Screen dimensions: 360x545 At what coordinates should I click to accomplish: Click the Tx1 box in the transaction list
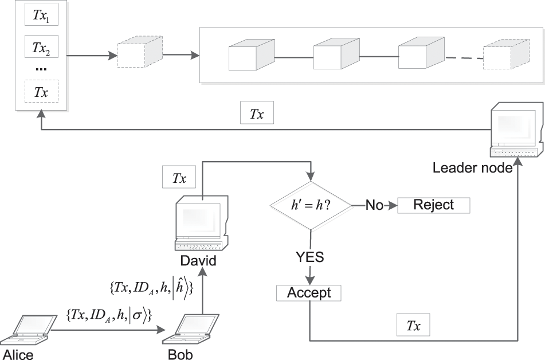pyautogui.click(x=41, y=17)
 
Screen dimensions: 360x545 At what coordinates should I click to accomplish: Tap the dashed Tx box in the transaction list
pyautogui.click(x=41, y=92)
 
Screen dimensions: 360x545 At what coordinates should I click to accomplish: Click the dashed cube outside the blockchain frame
pyautogui.click(x=139, y=56)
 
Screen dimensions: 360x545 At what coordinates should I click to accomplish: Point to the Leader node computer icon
pyautogui.click(x=515, y=130)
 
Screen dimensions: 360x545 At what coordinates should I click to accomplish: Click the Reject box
pyautogui.click(x=433, y=205)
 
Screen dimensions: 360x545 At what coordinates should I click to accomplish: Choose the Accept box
pyautogui.click(x=309, y=293)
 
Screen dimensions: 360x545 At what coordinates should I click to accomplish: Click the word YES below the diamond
pyautogui.click(x=310, y=257)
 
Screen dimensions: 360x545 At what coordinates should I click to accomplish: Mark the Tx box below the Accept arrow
pyautogui.click(x=413, y=326)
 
